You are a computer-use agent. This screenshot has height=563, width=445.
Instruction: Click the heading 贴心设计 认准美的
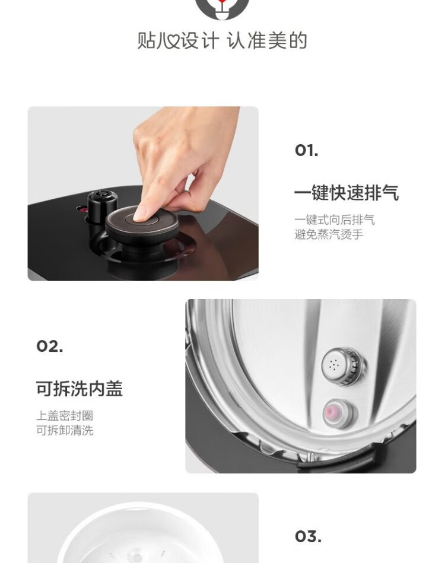(x=222, y=40)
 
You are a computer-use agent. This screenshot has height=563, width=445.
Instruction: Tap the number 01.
(x=306, y=151)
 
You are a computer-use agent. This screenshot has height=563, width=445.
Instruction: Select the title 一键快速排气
(x=347, y=193)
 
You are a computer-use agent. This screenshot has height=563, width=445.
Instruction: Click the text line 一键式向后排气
(x=335, y=220)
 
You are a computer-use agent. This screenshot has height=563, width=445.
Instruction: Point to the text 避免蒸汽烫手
(x=329, y=234)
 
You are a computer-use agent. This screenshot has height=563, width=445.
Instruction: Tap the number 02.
(x=50, y=346)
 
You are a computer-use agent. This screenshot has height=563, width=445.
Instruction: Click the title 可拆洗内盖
(x=80, y=389)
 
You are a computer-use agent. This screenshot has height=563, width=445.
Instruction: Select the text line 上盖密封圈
(x=65, y=415)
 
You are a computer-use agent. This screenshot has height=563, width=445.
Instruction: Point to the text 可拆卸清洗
(x=65, y=430)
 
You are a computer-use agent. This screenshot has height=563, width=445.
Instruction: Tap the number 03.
(x=308, y=537)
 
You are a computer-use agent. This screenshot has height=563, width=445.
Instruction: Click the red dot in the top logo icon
(x=223, y=1)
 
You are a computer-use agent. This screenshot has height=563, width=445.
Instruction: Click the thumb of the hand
(x=180, y=199)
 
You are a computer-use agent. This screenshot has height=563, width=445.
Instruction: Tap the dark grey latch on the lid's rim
(x=337, y=462)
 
